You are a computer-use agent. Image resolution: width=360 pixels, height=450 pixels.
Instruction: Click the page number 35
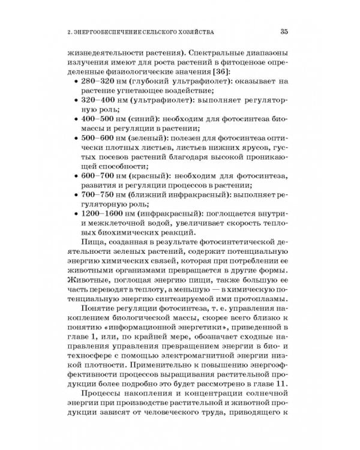tap(284, 32)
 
